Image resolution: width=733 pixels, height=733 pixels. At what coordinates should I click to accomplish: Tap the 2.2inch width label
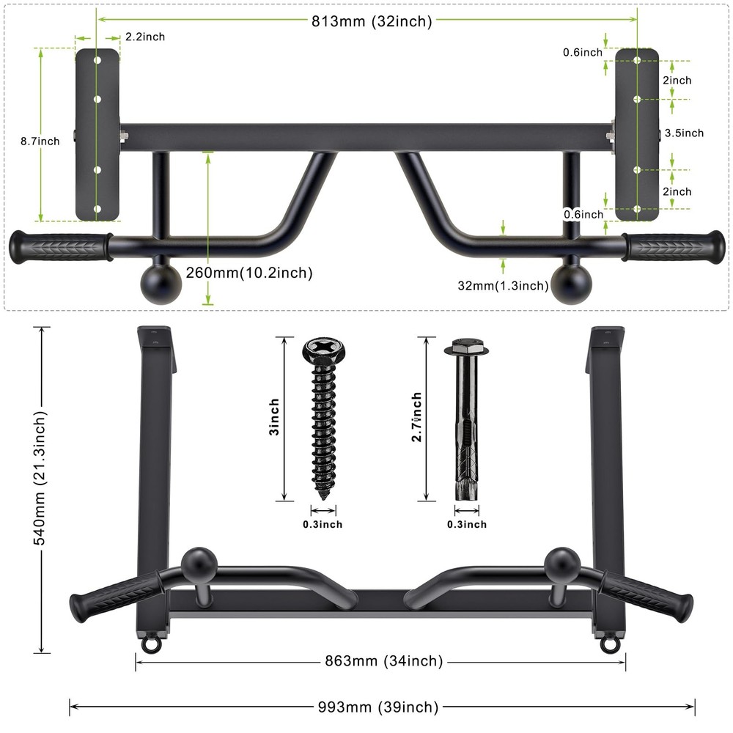[144, 37]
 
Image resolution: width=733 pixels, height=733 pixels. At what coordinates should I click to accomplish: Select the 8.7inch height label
[40, 141]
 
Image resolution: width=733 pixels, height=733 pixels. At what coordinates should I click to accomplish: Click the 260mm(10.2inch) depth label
[248, 273]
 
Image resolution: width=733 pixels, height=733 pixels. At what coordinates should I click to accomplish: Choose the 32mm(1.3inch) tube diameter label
[503, 286]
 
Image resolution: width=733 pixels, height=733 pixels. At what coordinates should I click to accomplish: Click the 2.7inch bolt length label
[416, 418]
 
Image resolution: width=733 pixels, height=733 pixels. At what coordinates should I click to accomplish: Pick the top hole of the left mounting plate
[97, 62]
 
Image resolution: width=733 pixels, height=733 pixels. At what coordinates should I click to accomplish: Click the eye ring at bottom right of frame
[608, 644]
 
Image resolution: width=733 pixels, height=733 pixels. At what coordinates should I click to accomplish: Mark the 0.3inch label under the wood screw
[323, 525]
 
